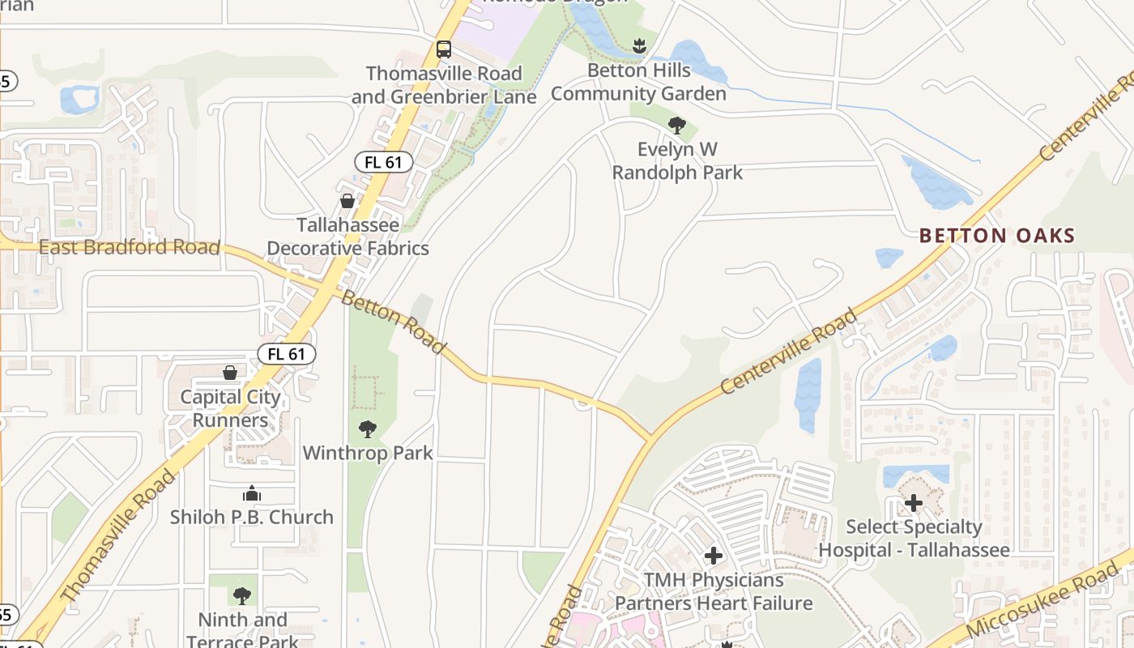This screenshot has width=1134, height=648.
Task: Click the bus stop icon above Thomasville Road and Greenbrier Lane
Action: [x=444, y=49]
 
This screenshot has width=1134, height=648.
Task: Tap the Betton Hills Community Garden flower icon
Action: [x=640, y=46]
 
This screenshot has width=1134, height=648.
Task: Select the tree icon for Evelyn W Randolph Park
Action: [x=677, y=126]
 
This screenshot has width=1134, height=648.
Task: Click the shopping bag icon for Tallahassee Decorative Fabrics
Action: [x=347, y=201]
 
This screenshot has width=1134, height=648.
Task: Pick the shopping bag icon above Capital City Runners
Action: [x=230, y=373]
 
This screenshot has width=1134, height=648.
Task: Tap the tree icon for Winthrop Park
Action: [x=368, y=429]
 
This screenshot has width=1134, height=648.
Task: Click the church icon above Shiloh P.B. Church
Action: [x=252, y=493]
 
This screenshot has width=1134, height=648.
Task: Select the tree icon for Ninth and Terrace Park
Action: [x=241, y=597]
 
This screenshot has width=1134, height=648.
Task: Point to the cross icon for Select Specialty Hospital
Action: [x=914, y=503]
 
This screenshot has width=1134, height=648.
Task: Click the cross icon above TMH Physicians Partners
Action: [x=714, y=556]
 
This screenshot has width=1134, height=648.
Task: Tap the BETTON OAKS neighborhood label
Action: [x=997, y=236]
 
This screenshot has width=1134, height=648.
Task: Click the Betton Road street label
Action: [x=394, y=322]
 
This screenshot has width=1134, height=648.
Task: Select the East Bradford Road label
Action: [x=130, y=247]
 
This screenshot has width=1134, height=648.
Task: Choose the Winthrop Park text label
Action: [x=368, y=453]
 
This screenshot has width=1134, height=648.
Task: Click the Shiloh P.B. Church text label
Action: [x=252, y=517]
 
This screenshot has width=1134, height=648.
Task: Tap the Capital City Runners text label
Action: [x=230, y=408]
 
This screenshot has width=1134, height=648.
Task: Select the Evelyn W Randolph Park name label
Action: [x=677, y=160]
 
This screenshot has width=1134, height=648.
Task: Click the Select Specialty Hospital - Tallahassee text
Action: [x=914, y=539]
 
